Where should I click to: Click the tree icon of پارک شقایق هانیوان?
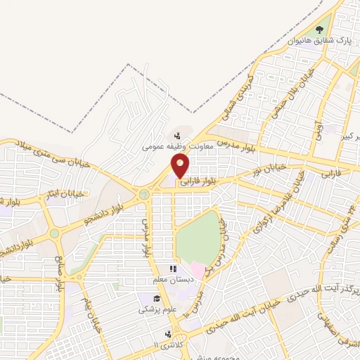(320, 30)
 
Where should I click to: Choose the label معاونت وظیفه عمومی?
(168, 147)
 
